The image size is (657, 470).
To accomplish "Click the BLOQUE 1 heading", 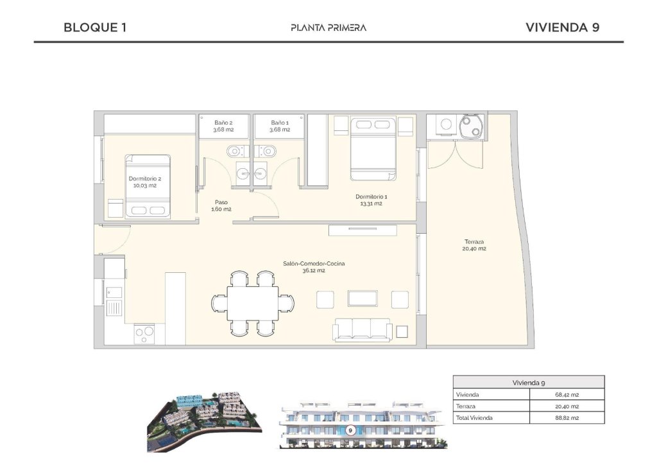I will [95, 28].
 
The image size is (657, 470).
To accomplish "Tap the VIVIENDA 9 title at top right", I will [562, 28].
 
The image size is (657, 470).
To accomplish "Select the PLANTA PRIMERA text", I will [328, 28].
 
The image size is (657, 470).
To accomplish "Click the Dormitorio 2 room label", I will [145, 178].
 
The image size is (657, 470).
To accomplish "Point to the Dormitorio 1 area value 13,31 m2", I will [371, 204].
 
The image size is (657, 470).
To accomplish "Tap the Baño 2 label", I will [223, 122].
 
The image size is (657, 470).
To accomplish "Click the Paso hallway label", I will [221, 202].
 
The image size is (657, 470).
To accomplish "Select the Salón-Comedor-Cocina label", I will [314, 263].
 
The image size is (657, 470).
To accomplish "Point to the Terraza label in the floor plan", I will [474, 242].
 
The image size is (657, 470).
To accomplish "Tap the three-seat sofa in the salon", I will [363, 331].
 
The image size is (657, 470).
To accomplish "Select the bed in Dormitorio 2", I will [148, 186].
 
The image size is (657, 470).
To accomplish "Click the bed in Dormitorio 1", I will [373, 148].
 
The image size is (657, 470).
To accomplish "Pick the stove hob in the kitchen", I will [144, 333].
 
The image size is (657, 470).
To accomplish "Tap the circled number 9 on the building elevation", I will [350, 431].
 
